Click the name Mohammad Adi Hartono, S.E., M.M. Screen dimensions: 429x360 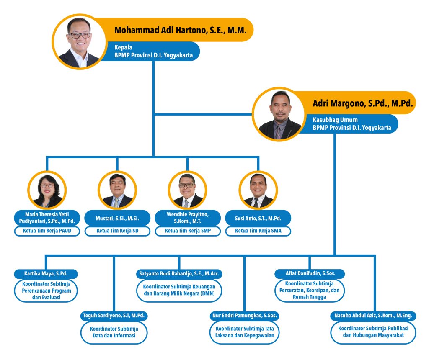point(180,30)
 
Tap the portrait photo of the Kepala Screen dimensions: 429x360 point(79,42)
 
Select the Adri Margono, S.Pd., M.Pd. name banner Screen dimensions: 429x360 point(356,103)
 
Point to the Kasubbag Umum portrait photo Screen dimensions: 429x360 point(279,115)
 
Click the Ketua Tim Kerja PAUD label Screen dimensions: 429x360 point(47,231)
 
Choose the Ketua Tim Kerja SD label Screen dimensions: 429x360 point(117,231)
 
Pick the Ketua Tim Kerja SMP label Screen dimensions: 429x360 point(188,231)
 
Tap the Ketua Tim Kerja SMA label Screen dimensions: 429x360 point(258,231)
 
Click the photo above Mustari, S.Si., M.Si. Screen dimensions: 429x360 point(117,190)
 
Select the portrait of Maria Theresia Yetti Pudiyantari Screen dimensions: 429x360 point(47,190)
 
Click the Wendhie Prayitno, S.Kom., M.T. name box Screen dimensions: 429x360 point(188,218)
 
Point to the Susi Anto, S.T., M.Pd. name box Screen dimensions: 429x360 point(258,218)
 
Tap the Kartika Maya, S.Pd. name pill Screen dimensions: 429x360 point(46,274)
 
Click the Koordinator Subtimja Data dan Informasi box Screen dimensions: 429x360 point(114,332)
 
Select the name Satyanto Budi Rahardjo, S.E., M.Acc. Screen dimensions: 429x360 point(179,273)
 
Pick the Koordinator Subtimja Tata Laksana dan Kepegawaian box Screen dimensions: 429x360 point(245,332)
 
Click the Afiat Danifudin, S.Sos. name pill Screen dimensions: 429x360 point(310,273)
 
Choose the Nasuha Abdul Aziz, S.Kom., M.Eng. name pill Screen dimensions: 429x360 point(373,316)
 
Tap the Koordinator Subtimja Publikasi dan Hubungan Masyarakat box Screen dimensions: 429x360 point(373,332)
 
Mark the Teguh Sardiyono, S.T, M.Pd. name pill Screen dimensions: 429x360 point(114,316)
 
